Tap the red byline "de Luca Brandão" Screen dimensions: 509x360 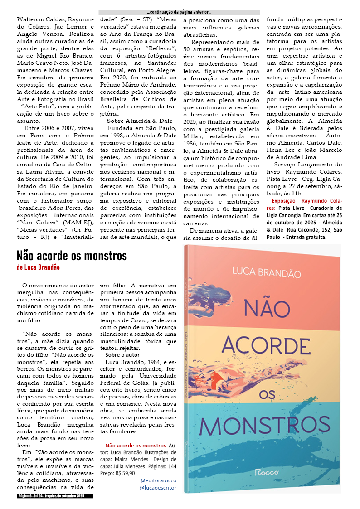(38, 267)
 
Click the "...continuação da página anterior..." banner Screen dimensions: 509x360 (179, 12)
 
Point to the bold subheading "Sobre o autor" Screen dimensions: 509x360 (122, 354)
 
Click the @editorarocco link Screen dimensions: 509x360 (158, 480)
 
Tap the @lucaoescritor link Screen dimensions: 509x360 (158, 488)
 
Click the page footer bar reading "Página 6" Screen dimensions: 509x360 (55, 496)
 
